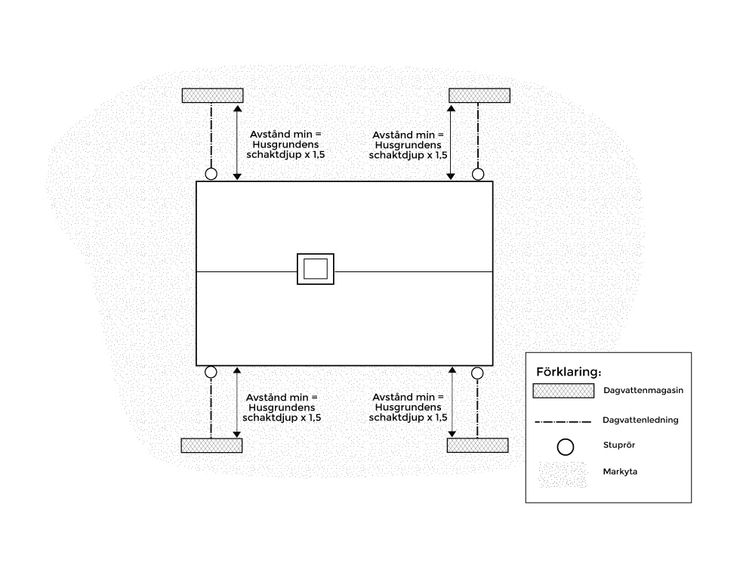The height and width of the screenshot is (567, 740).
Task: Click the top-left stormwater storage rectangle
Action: pyautogui.click(x=213, y=95)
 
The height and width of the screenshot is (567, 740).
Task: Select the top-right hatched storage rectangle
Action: pyautogui.click(x=479, y=95)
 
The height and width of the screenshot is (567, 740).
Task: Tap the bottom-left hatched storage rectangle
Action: pyautogui.click(x=212, y=445)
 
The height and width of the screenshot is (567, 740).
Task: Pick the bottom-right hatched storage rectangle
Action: pyautogui.click(x=477, y=445)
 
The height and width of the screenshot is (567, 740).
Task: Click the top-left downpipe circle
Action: pyautogui.click(x=211, y=169)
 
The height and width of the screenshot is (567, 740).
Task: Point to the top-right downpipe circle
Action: pyautogui.click(x=478, y=169)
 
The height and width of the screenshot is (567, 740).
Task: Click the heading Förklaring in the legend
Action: pyautogui.click(x=569, y=372)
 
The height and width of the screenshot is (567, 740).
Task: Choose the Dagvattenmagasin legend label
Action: pyautogui.click(x=643, y=390)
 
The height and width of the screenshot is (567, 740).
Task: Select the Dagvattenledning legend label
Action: pyautogui.click(x=640, y=420)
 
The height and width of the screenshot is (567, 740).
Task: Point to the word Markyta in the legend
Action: pyautogui.click(x=620, y=472)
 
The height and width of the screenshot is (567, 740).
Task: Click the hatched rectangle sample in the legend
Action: pyautogui.click(x=563, y=391)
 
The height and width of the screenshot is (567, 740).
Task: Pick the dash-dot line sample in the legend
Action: pyautogui.click(x=563, y=422)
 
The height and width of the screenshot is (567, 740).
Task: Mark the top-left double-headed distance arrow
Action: pyautogui.click(x=237, y=143)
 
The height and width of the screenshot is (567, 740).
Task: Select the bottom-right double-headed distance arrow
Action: pyautogui.click(x=452, y=402)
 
